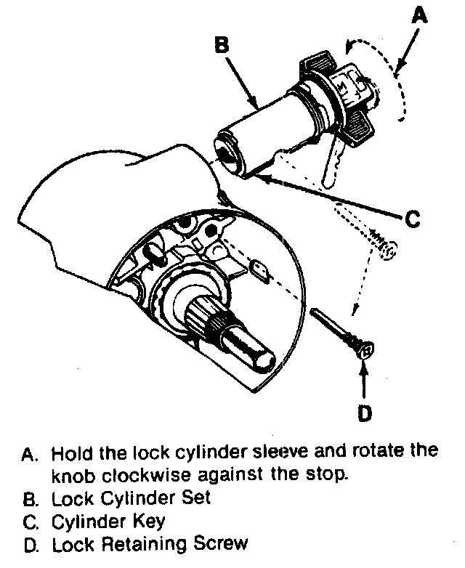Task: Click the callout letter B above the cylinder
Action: tap(221, 45)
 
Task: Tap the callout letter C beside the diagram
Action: tap(413, 218)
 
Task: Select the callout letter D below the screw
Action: tap(364, 413)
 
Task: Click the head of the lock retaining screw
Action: tap(366, 351)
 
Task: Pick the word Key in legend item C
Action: tap(149, 522)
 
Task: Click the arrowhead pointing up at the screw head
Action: tap(364, 365)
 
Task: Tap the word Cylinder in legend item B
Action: tap(139, 498)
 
